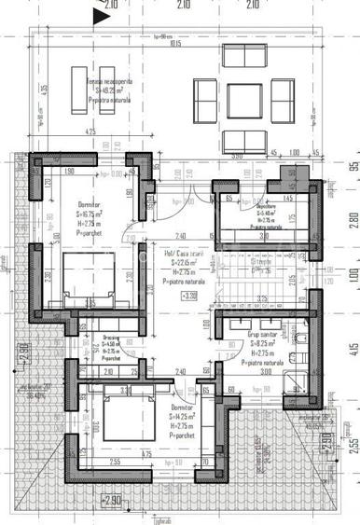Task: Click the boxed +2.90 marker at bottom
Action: [110, 501]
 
